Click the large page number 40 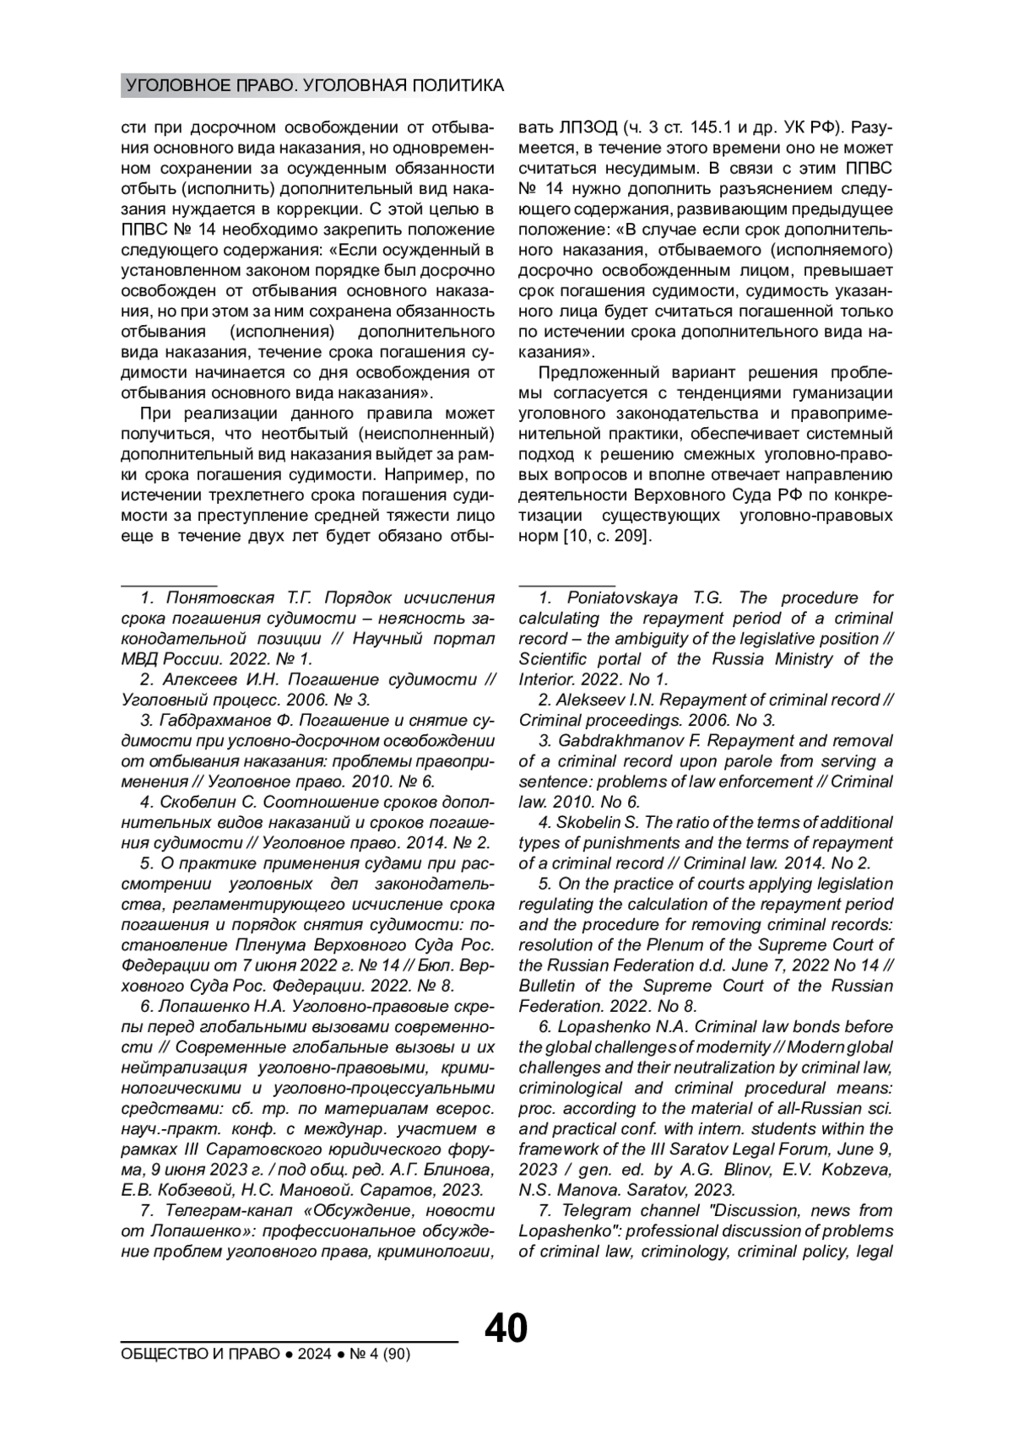pos(506,1328)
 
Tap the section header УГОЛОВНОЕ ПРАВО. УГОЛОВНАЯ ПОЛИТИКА pos(313,85)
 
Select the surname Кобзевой pos(203,1190)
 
